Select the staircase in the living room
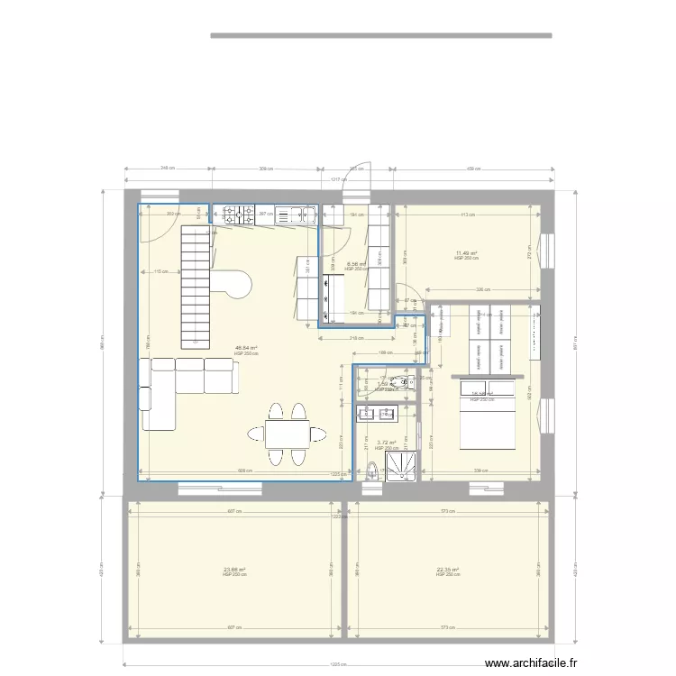coord(196,287)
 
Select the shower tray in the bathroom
coord(400,464)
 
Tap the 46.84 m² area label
coord(245,348)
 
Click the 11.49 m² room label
coord(466,253)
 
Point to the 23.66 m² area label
coord(234,570)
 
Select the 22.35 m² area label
coord(448,570)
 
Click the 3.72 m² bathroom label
coord(387,443)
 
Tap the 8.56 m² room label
coord(358,264)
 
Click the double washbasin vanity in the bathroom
coord(377,415)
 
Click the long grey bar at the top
coord(380,36)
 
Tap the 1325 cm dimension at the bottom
coord(337,666)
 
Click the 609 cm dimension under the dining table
coord(244,470)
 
